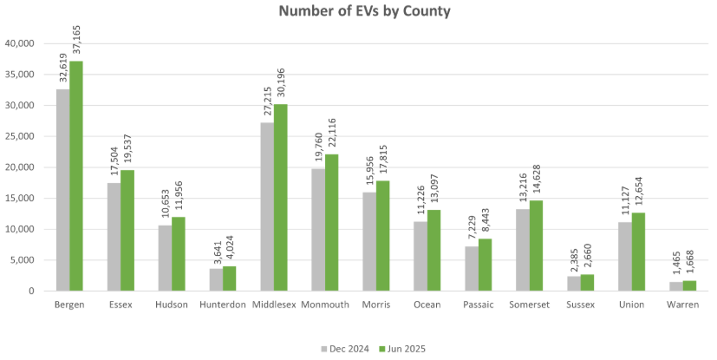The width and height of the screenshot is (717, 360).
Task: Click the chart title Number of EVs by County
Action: point(364,11)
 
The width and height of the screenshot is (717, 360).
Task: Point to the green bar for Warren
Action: point(689,285)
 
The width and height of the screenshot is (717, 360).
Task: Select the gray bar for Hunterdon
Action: point(216,279)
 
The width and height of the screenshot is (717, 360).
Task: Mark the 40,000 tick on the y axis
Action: point(20,43)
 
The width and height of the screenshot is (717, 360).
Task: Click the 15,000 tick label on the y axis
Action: point(20,199)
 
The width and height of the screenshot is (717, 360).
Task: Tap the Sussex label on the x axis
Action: point(579,304)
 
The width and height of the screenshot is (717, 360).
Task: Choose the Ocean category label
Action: point(427,304)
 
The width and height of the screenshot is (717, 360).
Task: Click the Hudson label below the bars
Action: point(172,304)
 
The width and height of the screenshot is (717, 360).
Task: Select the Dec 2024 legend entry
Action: point(347,349)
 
